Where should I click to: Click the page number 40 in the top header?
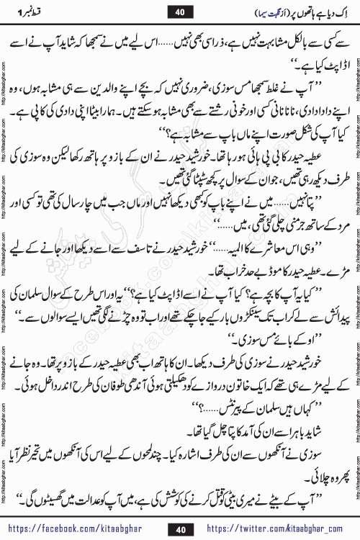[x=179, y=12]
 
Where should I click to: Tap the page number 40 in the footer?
[x=180, y=527]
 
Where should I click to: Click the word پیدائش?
[x=323, y=315]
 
